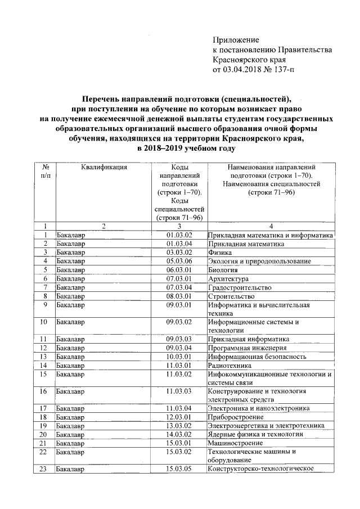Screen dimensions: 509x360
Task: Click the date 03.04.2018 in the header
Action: click(x=242, y=70)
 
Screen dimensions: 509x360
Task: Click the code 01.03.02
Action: click(x=179, y=235)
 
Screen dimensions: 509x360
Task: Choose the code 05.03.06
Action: click(x=179, y=261)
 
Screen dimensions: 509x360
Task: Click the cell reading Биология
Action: click(x=224, y=270)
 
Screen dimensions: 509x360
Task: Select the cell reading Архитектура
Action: click(x=228, y=278)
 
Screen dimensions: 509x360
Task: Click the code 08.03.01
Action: click(x=179, y=296)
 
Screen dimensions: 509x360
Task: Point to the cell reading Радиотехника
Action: click(x=230, y=365)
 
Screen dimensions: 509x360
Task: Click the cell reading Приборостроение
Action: click(x=236, y=417)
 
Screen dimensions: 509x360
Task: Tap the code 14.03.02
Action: click(x=179, y=434)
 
